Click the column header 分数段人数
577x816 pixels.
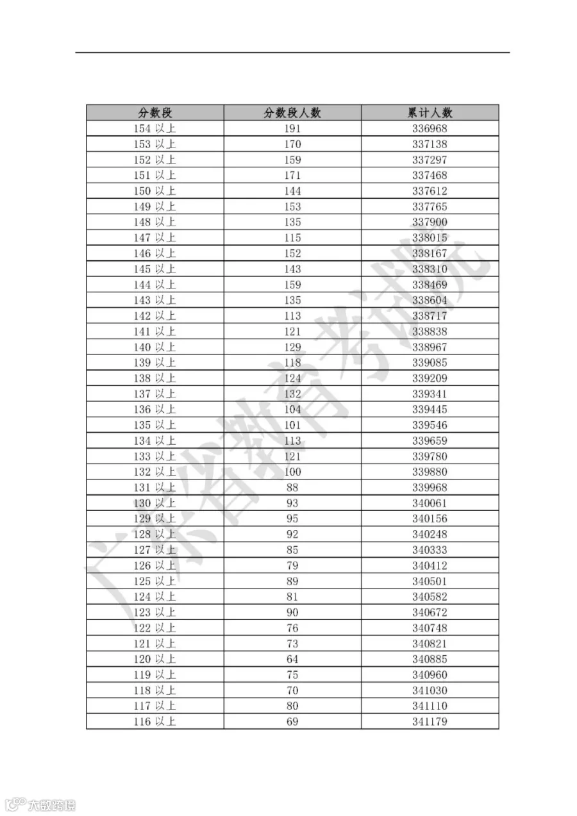point(292,113)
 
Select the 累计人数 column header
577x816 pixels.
point(430,113)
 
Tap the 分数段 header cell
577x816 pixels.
point(155,113)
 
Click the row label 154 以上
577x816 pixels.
point(155,129)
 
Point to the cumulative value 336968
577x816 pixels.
point(430,129)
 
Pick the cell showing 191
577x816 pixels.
point(292,129)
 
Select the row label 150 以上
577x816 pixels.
point(155,191)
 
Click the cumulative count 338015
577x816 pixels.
point(430,238)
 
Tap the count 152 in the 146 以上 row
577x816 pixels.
point(292,253)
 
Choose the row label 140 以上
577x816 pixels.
point(155,347)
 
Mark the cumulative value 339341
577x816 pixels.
point(430,394)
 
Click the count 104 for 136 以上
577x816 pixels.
point(292,410)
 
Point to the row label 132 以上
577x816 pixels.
point(155,472)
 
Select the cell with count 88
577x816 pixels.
point(292,487)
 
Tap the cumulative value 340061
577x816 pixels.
point(430,503)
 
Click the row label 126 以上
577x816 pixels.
point(155,565)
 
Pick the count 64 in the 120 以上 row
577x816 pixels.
point(292,659)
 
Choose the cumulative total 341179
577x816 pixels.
point(430,722)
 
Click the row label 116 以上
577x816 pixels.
point(155,722)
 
